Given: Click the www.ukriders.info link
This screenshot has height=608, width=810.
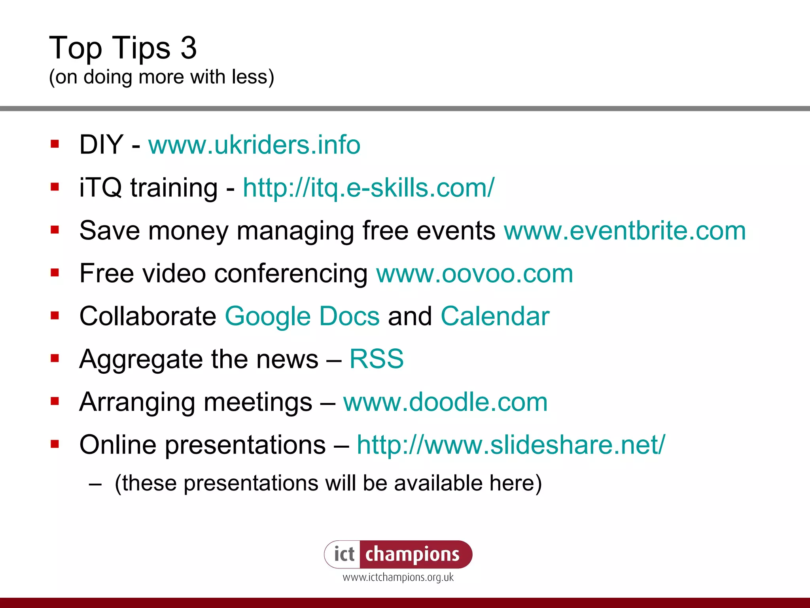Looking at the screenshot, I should coord(254,145).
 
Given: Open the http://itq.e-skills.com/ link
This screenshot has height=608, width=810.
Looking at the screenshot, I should coord(368,188).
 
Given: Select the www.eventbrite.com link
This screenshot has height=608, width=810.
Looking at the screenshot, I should coord(625,231).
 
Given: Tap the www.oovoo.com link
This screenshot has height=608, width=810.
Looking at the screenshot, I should coord(474,274).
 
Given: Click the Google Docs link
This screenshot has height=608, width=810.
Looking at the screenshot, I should coord(302,316).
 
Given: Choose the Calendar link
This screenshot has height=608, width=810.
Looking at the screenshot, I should coord(495,316).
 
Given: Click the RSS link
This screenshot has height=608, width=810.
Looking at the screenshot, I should coord(376,359).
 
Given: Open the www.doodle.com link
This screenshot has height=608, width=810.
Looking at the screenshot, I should coord(445,402).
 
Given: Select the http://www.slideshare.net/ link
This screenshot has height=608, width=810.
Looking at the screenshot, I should coord(511,445).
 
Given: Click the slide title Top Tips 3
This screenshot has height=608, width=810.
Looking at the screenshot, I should coord(123,48).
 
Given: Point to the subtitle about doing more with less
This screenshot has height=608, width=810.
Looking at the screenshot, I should coord(161,77).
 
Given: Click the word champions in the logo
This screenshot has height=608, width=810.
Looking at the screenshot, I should coord(412,554).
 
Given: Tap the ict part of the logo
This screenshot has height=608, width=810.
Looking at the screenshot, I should coord(344,554).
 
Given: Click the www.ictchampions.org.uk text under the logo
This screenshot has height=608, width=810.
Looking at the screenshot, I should coord(398,578).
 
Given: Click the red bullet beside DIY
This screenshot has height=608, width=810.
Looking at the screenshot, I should coord(55,144).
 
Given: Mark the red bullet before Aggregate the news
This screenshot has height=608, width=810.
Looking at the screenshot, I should coord(55,358).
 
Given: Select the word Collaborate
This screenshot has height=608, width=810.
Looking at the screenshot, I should coord(148,316).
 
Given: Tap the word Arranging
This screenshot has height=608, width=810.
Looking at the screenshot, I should coord(137,402).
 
